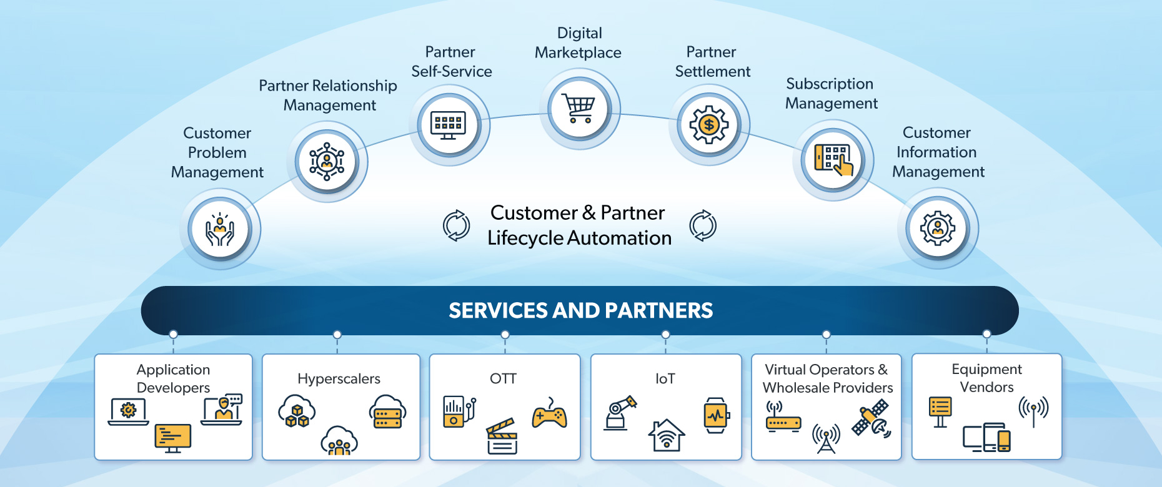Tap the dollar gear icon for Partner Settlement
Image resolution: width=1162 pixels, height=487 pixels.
(x=708, y=124)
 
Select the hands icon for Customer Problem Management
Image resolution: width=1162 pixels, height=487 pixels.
(x=220, y=229)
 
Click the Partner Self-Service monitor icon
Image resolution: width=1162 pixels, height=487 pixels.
(x=449, y=125)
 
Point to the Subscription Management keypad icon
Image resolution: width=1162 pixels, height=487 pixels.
(x=833, y=160)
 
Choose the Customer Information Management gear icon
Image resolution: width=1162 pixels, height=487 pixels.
(x=938, y=229)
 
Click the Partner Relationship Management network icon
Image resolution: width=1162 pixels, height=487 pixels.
(x=327, y=161)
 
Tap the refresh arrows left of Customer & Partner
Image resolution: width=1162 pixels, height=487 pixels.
(x=457, y=225)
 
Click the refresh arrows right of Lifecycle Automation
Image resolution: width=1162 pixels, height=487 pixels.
(x=703, y=225)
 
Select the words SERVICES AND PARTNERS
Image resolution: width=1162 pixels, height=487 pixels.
(x=580, y=310)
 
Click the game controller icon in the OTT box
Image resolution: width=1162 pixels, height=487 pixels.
(x=549, y=415)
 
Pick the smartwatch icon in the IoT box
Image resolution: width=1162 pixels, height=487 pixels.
(x=716, y=415)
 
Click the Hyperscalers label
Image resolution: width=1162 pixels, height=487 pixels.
(x=339, y=378)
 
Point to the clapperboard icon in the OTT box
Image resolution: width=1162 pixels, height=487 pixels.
(x=502, y=436)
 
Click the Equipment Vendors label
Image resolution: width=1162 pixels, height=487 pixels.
(x=986, y=378)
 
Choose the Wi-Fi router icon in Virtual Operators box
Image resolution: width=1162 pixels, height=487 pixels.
(x=783, y=418)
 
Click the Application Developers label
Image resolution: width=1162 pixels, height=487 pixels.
(x=173, y=378)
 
